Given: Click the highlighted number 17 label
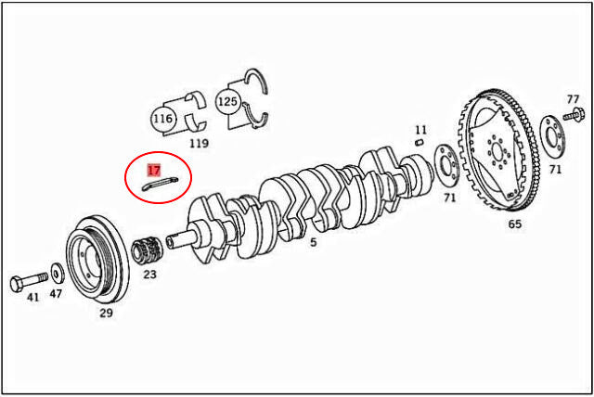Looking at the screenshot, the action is pos(154,171).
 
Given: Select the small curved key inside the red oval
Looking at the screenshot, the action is pos(160,183).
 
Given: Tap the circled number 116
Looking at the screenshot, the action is pos(163,119).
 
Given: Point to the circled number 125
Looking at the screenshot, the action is pos(227,101).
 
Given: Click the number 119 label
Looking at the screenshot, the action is pos(199,144).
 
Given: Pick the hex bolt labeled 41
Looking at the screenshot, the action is pos(29,282).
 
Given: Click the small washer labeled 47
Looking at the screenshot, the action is pos(58,274).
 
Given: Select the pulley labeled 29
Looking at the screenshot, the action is pos(97,259).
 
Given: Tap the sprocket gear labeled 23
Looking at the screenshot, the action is pos(148,250).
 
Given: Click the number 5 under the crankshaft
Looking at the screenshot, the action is pos(314,242).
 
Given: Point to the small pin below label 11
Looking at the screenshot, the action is pos(419,142).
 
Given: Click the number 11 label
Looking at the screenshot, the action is pos(420,130).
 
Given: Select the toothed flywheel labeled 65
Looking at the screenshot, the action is pos(499,150).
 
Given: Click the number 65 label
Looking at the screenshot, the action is pos(514,224).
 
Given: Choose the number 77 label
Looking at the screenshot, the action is pos(574,99).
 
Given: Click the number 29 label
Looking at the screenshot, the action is pos(106,313).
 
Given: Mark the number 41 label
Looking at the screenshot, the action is pos(33,297).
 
